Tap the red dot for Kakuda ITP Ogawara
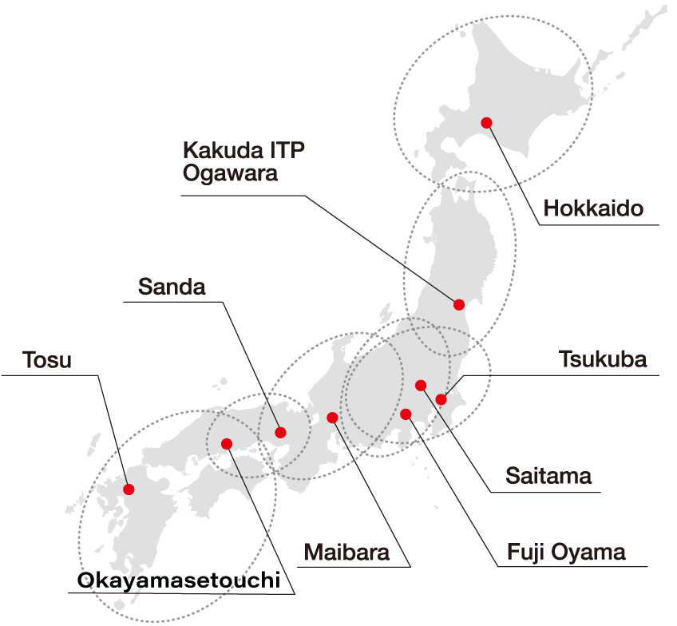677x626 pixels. click(x=459, y=304)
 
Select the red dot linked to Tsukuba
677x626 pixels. click(x=441, y=399)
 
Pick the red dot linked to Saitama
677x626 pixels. click(x=421, y=386)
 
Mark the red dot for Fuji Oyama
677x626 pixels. click(x=406, y=414)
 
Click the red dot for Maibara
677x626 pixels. click(x=333, y=417)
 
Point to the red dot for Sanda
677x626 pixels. click(x=280, y=433)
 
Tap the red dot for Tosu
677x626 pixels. click(x=129, y=489)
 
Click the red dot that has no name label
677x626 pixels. click(x=227, y=443)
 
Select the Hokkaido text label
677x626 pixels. click(x=593, y=210)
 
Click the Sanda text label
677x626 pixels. click(x=172, y=287)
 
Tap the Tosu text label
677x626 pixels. click(x=47, y=360)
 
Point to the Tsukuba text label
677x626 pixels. click(x=604, y=359)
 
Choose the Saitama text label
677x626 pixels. click(x=549, y=477)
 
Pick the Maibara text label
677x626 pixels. click(x=346, y=553)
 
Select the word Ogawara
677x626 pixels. click(x=231, y=173)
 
